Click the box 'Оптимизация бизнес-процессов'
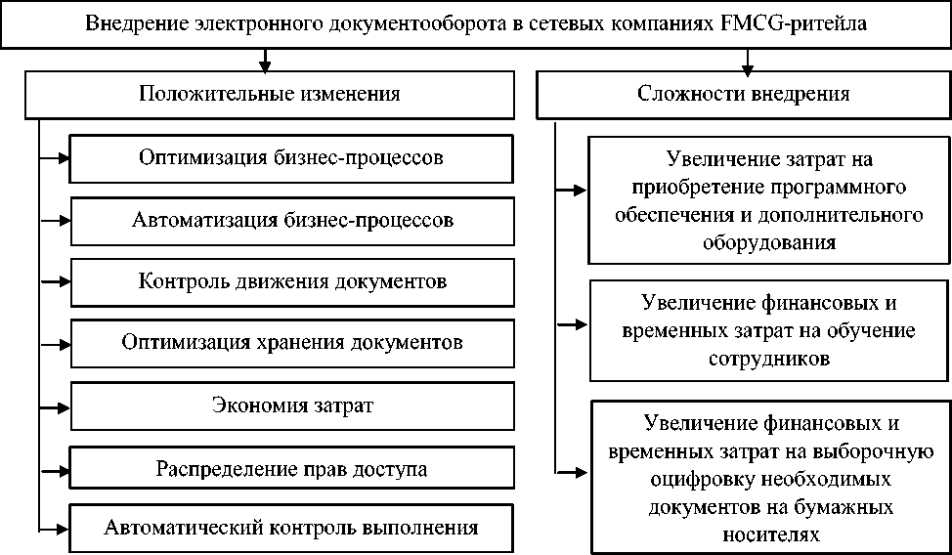pyautogui.click(x=292, y=157)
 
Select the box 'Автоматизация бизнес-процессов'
pyautogui.click(x=292, y=221)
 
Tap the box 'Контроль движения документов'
pyautogui.click(x=292, y=282)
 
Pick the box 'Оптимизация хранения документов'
pyautogui.click(x=292, y=343)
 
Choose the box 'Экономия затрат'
pyautogui.click(x=292, y=405)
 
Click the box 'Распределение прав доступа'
pyautogui.click(x=292, y=468)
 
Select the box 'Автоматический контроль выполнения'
pyautogui.click(x=292, y=529)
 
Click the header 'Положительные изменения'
pyautogui.click(x=269, y=95)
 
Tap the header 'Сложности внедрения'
pyautogui.click(x=743, y=95)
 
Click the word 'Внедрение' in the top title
pyautogui.click(x=128, y=23)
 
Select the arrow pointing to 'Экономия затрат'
pyautogui.click(x=56, y=405)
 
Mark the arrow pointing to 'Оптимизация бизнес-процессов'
pyautogui.click(x=56, y=157)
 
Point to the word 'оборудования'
pyautogui.click(x=768, y=243)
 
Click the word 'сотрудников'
pyautogui.click(x=768, y=359)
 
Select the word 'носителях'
pyautogui.click(x=768, y=534)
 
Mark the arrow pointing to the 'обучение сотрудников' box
pyautogui.click(x=572, y=325)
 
